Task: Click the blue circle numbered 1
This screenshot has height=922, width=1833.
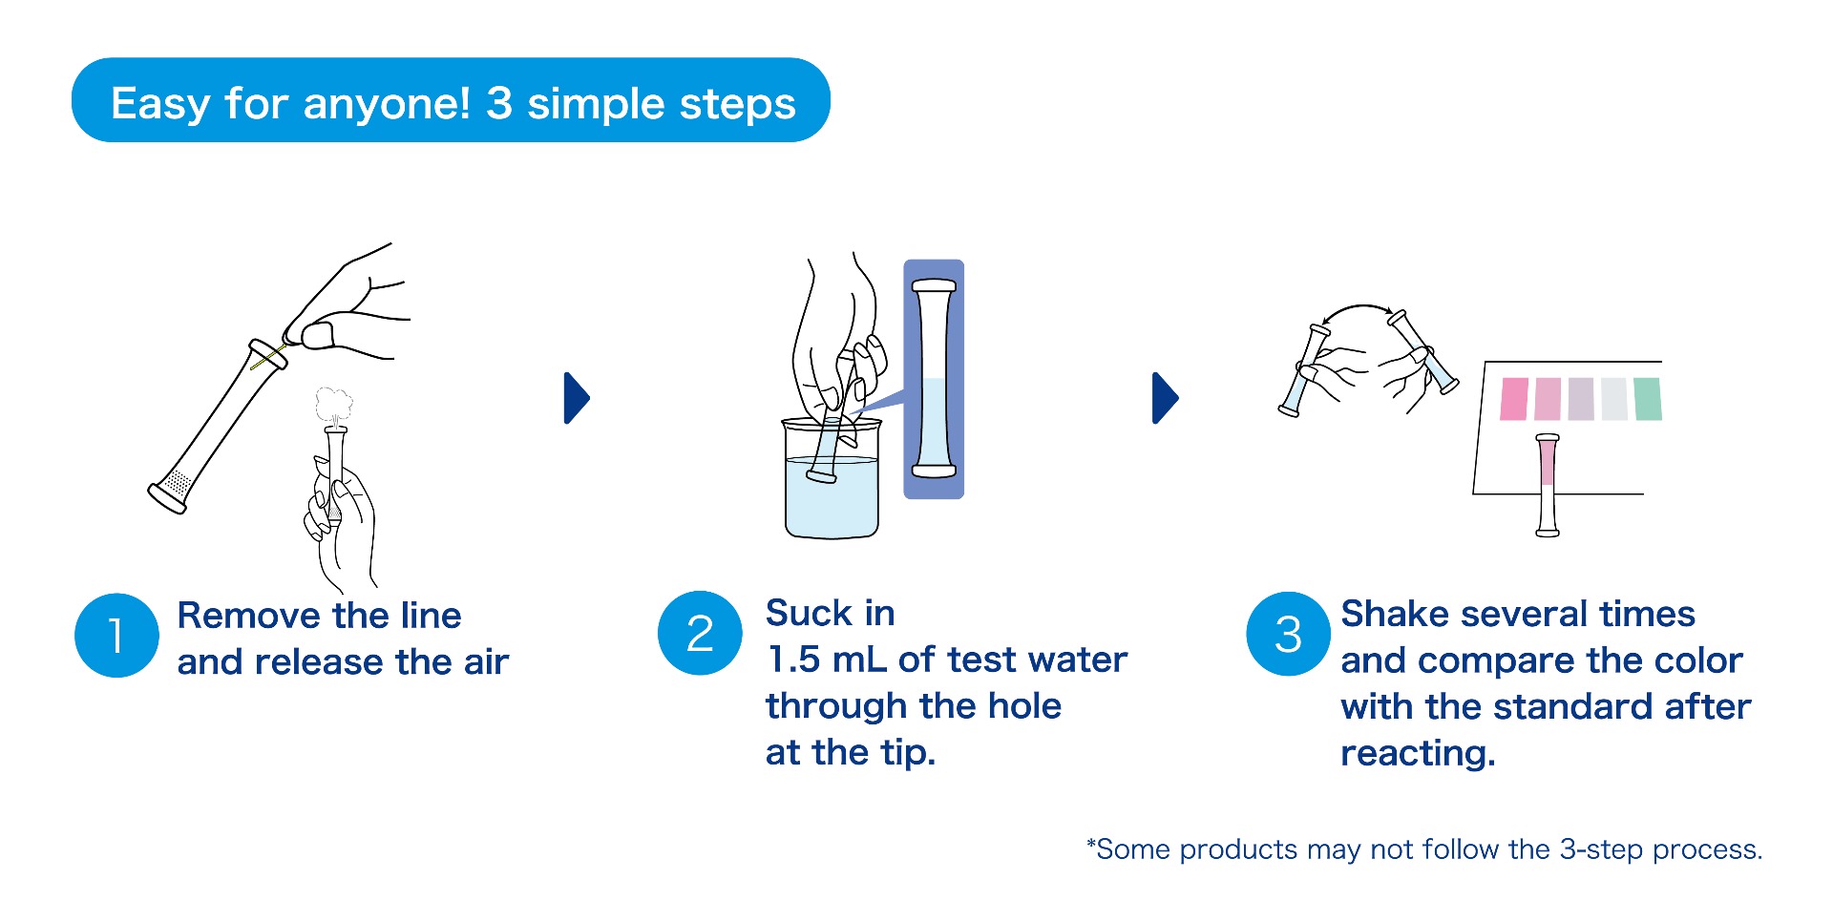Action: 116,636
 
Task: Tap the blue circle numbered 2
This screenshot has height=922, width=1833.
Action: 700,633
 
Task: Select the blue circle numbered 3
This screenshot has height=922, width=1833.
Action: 1288,634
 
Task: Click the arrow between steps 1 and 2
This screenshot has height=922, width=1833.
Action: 578,398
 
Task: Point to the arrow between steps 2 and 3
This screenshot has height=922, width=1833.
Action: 1166,398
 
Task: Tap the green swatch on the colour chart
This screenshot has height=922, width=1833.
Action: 1648,399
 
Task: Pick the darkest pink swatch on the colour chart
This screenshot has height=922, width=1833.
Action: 1514,399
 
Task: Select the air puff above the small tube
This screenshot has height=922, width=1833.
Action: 333,406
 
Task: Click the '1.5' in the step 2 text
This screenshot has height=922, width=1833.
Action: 793,660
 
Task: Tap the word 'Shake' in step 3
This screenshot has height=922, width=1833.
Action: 1395,614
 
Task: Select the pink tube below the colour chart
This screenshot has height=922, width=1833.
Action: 1548,485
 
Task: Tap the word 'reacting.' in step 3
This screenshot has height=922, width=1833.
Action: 1418,754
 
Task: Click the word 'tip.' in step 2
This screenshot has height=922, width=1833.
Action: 907,753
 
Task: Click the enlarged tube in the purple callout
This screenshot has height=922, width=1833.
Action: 934,378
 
